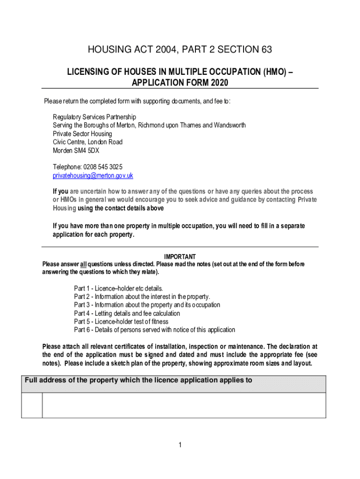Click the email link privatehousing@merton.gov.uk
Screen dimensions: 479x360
click(x=93, y=176)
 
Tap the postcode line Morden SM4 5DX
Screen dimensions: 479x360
click(x=76, y=151)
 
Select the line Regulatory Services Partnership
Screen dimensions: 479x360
click(x=94, y=117)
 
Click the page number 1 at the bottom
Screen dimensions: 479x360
click(x=180, y=445)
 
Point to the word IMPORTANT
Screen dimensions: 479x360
click(x=180, y=257)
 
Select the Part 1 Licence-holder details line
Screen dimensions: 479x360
click(x=118, y=288)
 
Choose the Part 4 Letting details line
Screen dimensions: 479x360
click(x=127, y=313)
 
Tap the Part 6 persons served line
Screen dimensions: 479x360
click(x=154, y=330)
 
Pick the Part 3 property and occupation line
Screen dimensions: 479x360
click(x=147, y=305)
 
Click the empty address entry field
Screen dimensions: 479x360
click(x=184, y=405)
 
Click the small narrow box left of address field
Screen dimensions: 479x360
click(x=32, y=405)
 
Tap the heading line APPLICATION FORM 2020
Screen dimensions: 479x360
click(x=180, y=83)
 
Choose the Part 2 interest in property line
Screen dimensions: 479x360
click(x=142, y=297)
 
